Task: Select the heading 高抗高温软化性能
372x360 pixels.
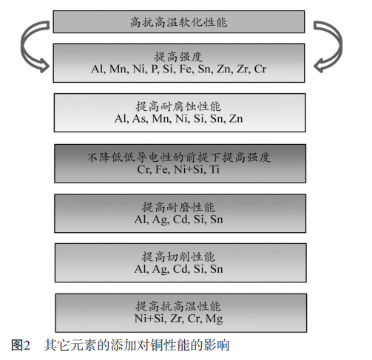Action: (x=178, y=22)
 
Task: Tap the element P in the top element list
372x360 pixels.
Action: (x=155, y=69)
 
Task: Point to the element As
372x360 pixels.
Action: (x=140, y=118)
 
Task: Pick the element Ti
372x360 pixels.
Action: (x=214, y=169)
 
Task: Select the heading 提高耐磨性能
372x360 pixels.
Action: (x=178, y=207)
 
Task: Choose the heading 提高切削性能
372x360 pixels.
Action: (x=178, y=257)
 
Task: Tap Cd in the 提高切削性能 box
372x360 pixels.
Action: (x=181, y=269)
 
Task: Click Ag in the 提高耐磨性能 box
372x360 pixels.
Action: (x=160, y=220)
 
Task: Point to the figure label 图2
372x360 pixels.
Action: (x=21, y=344)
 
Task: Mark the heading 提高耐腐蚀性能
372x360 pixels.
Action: (x=178, y=106)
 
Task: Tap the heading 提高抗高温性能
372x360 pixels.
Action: (x=178, y=307)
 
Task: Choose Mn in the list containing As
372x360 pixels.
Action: (x=161, y=118)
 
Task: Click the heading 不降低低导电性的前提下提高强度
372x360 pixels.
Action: (x=178, y=157)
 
